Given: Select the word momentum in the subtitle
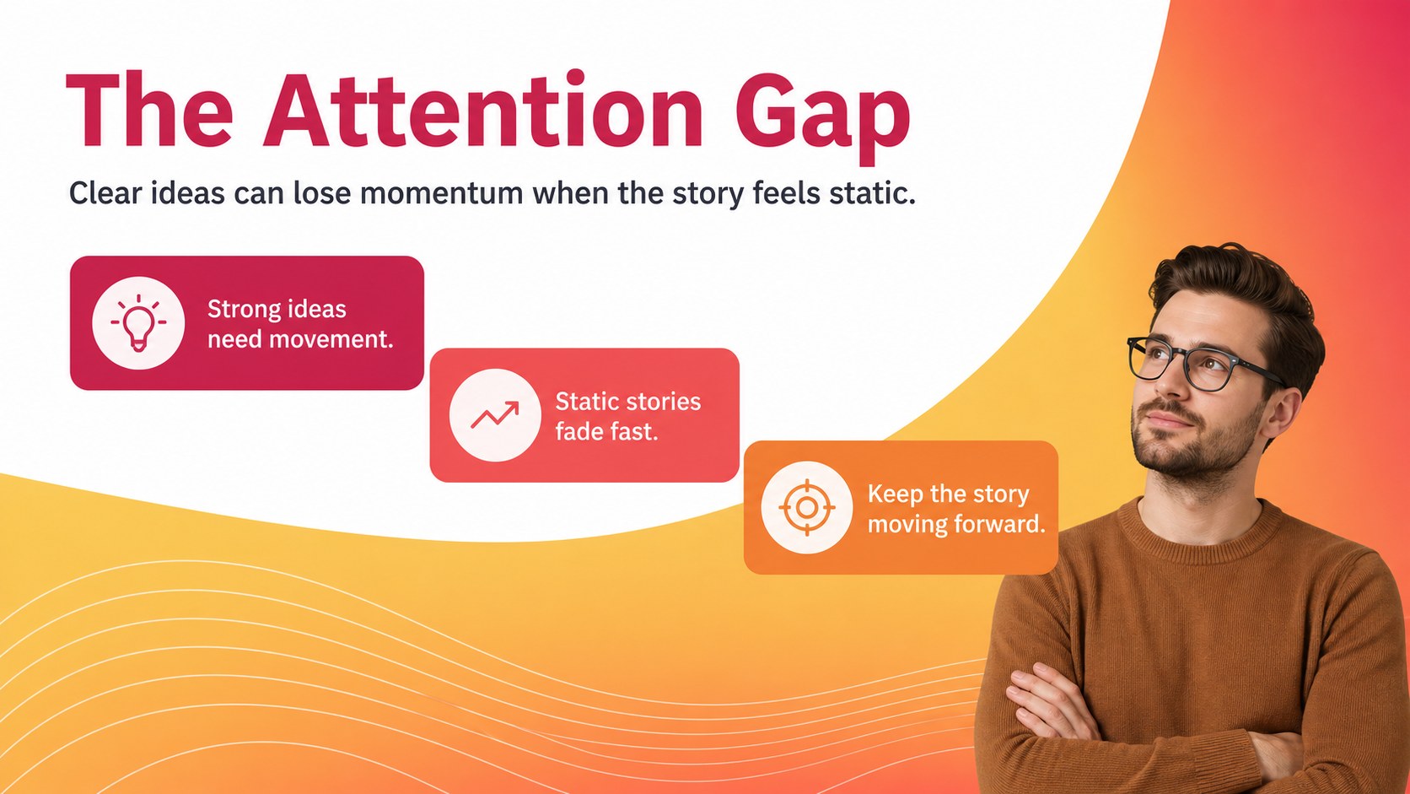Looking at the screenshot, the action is tap(441, 193).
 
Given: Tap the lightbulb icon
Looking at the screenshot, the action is tap(138, 322).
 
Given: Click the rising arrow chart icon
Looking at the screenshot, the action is tap(495, 414).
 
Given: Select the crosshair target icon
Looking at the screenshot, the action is tap(807, 507).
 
